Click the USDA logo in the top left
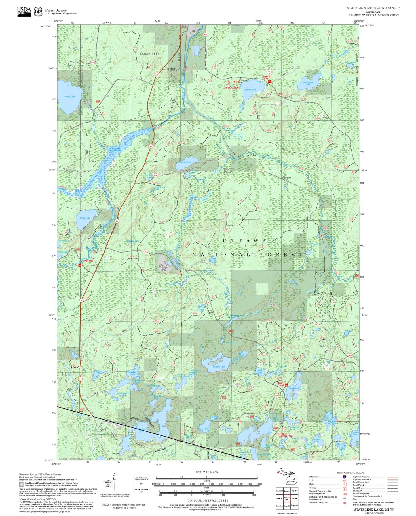tap(24, 11)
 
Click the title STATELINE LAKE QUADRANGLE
tap(373, 8)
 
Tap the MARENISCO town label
tap(149, 54)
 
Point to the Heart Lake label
tap(70, 97)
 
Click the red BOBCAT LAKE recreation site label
tap(267, 77)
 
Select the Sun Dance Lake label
tap(308, 83)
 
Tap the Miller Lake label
tap(186, 163)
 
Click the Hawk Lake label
tap(85, 218)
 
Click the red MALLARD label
tap(88, 261)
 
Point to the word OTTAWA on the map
tap(245, 240)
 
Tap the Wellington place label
tap(286, 178)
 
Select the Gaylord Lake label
tap(219, 367)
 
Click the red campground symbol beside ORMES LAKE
tap(286, 385)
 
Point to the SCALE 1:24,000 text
tap(206, 472)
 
